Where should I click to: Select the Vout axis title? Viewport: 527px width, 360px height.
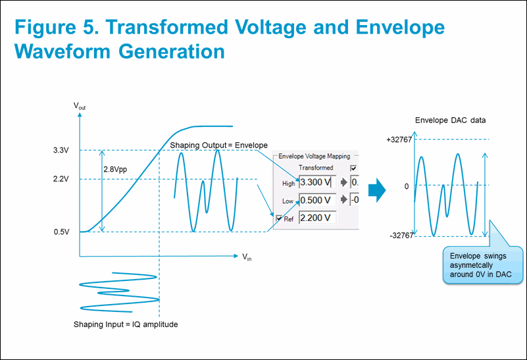[x=80, y=105]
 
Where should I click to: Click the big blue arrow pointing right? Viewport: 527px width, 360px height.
[x=377, y=191]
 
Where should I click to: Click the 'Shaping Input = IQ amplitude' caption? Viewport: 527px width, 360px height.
[x=126, y=324]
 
